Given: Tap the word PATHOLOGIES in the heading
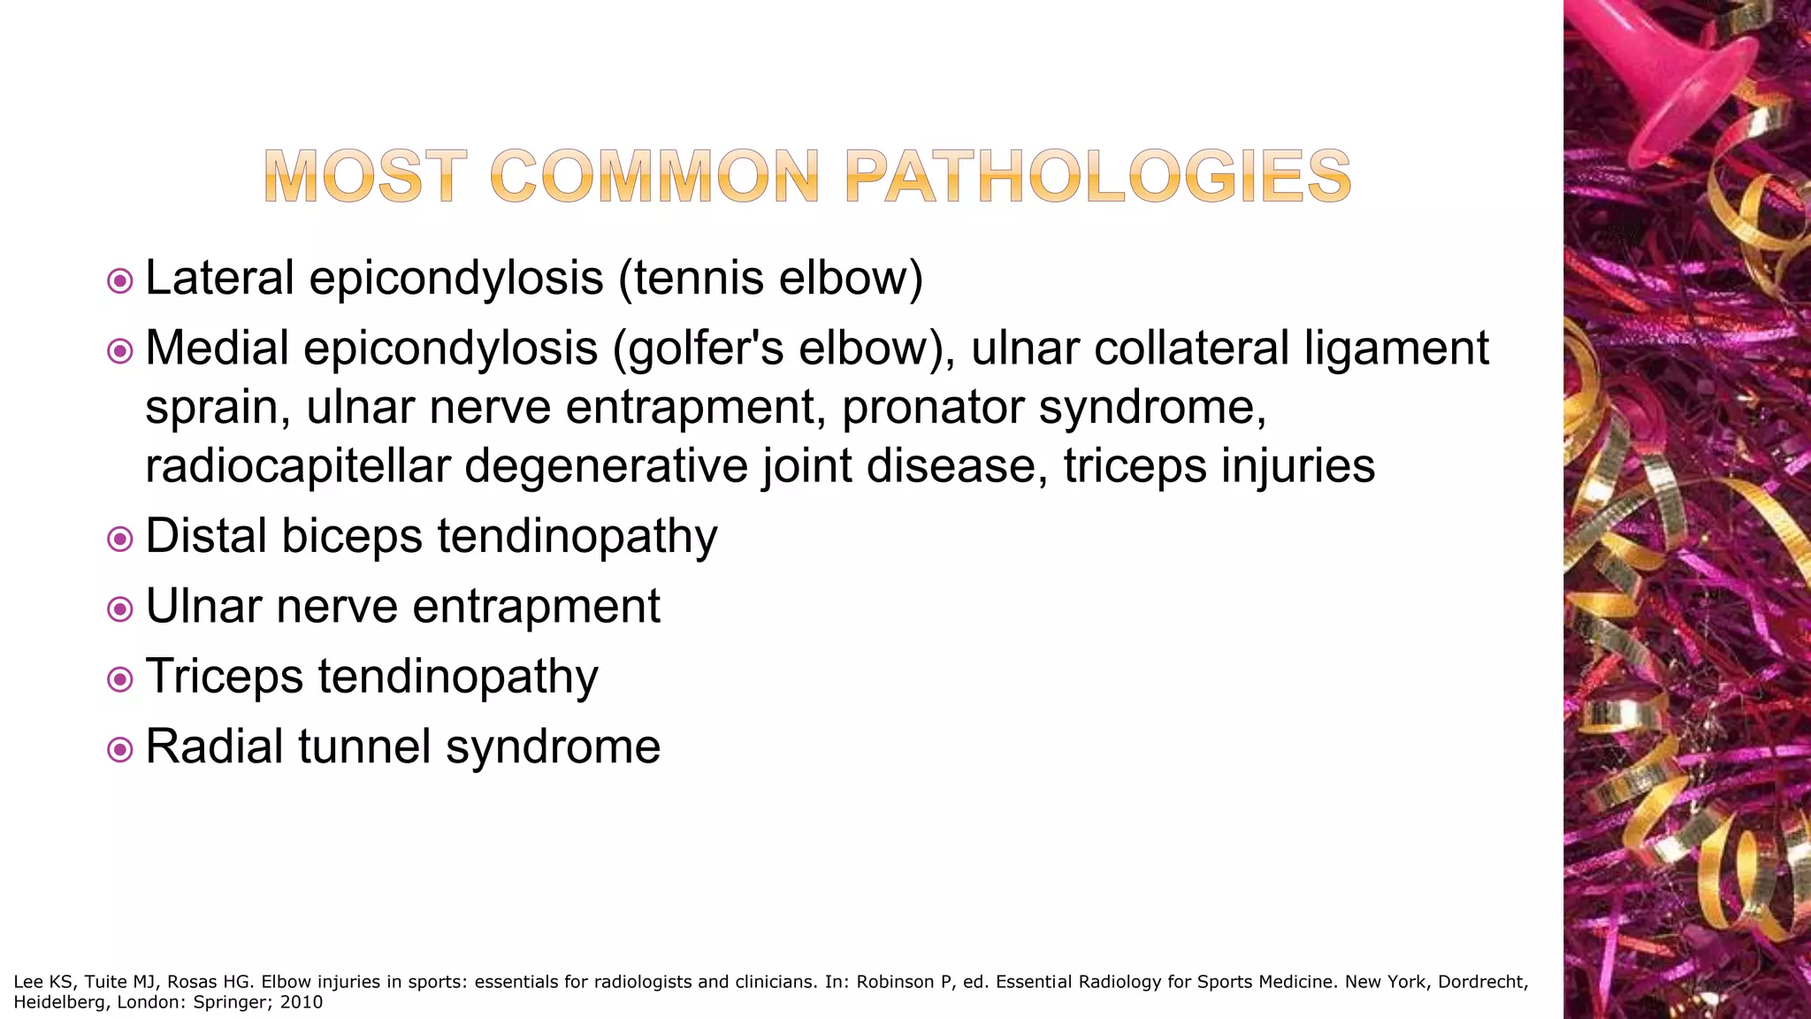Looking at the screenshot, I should point(1097,176).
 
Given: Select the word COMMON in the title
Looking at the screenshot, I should point(654,176).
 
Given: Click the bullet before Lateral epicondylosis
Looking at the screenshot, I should point(119,282).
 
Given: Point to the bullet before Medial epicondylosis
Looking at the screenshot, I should point(119,352).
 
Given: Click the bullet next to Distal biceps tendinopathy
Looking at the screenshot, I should point(119,540).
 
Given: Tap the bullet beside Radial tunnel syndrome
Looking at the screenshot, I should point(119,750).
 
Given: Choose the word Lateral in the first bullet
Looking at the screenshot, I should point(219,278).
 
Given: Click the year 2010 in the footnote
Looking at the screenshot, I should point(302,1002).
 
